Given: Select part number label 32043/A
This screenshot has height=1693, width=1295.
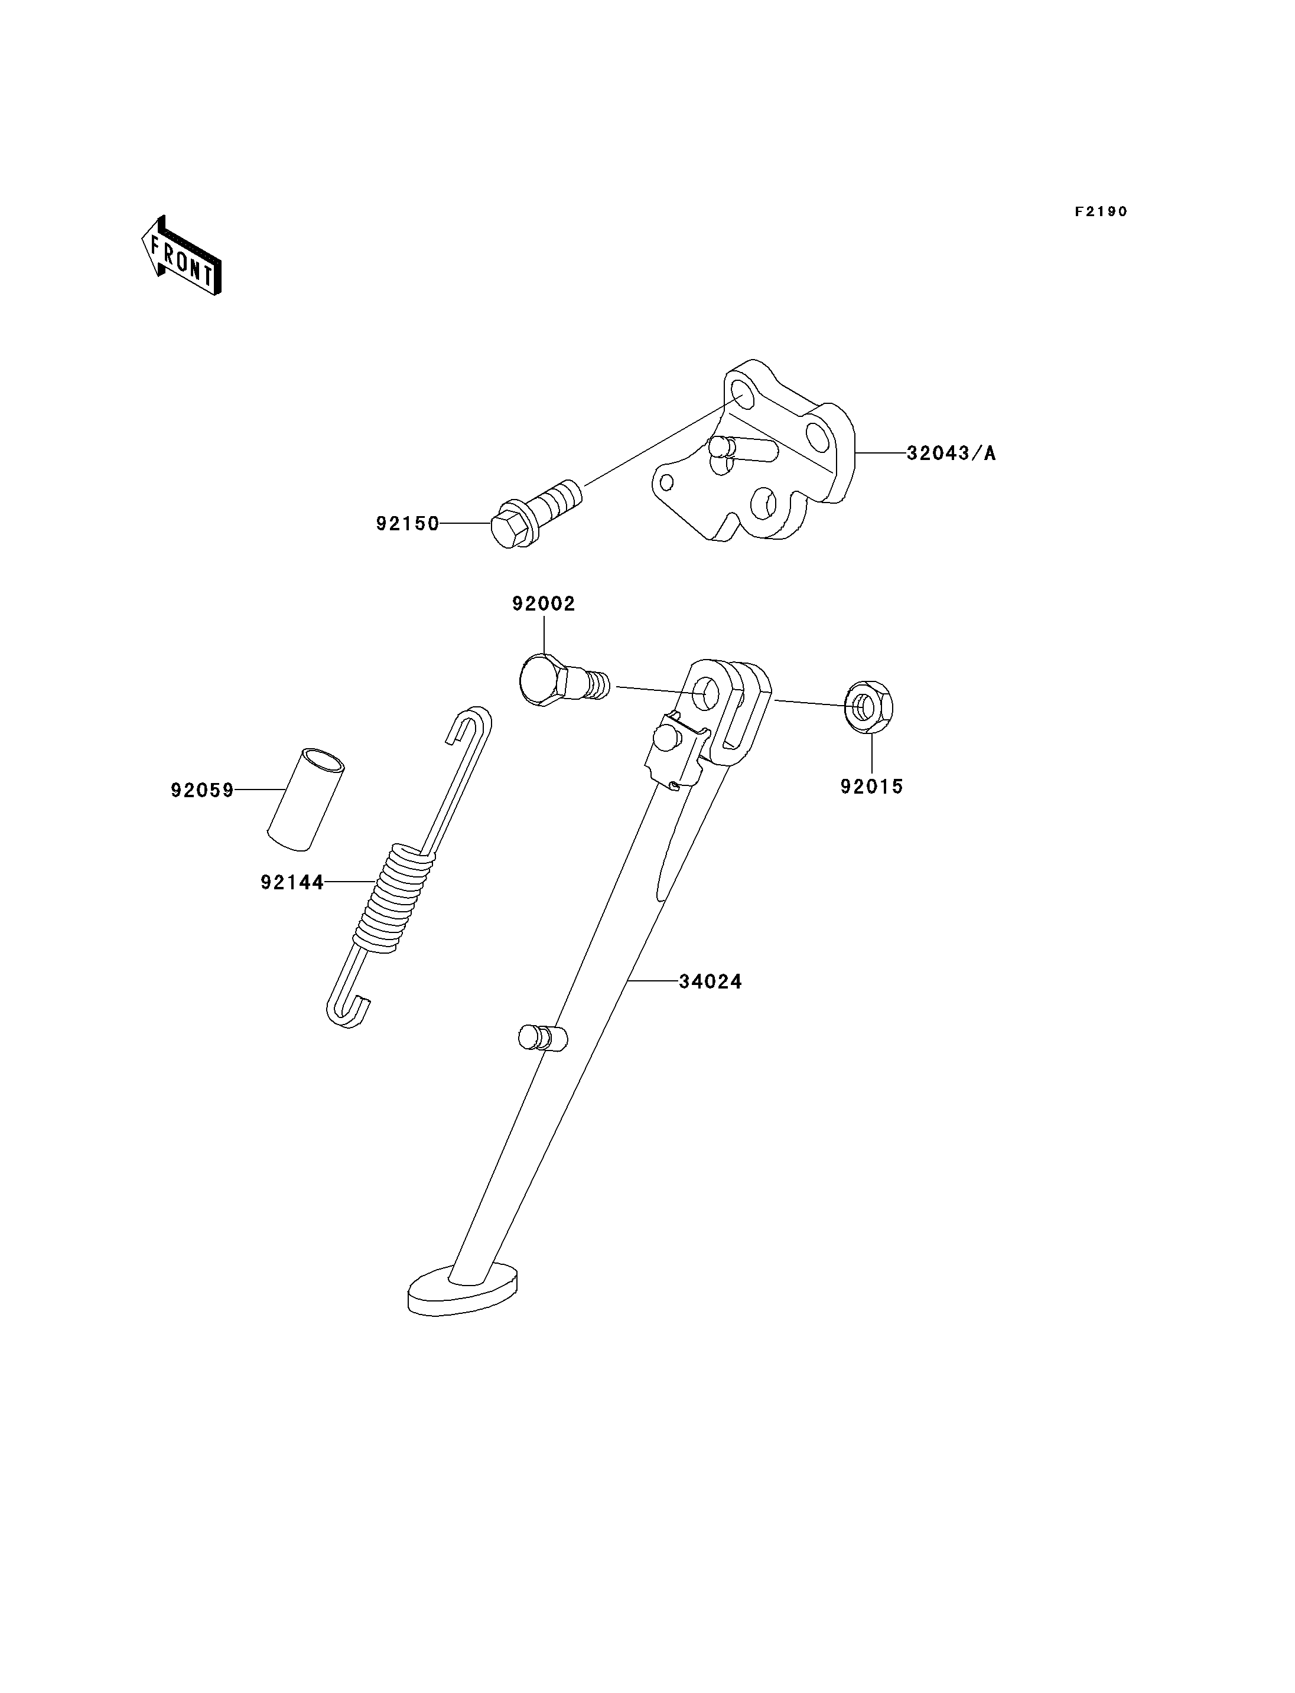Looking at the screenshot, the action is pyautogui.click(x=951, y=453).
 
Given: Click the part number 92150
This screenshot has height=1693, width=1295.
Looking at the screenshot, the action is pyautogui.click(x=408, y=523).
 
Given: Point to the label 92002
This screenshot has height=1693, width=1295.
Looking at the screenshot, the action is pyautogui.click(x=544, y=604).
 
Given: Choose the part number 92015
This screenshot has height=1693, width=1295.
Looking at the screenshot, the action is pyautogui.click(x=872, y=787).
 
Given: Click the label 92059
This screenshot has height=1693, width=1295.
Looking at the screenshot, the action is pyautogui.click(x=202, y=791).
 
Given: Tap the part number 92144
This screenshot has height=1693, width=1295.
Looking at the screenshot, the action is pyautogui.click(x=292, y=882).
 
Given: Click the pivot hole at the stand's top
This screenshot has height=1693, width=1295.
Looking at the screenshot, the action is pyautogui.click(x=705, y=693).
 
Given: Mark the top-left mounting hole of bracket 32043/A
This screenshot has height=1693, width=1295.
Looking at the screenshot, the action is pyautogui.click(x=741, y=393).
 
